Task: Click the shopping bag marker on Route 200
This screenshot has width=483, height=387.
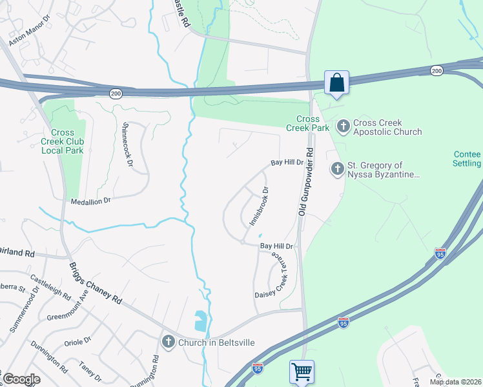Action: pos(336,83)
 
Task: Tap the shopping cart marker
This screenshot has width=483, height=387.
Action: pos(302,372)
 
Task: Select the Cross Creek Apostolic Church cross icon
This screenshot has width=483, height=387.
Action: pos(344,126)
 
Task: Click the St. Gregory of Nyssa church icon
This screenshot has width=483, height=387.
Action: pos(337,169)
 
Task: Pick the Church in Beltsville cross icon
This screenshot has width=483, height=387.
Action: pos(169,341)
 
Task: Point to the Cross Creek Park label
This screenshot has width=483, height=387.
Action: pos(308,123)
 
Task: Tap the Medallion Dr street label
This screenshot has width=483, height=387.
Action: pos(91,201)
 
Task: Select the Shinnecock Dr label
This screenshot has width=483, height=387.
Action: pos(127,145)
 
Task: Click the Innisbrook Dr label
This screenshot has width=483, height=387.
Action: pos(259,206)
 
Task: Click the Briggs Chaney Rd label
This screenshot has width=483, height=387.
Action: pos(94,282)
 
